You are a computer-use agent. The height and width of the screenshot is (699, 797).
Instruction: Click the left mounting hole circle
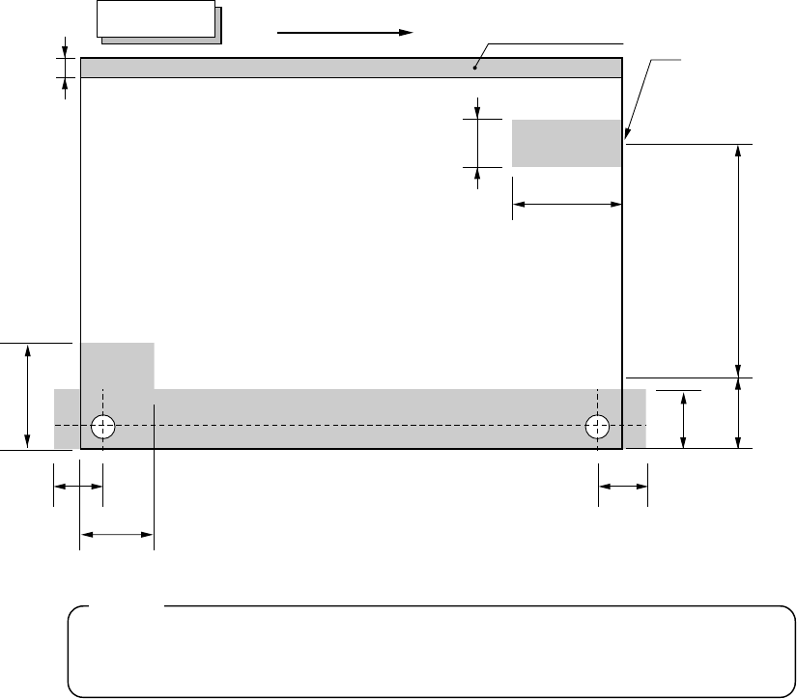click(102, 425)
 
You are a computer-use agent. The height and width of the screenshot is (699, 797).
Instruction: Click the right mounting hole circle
click(598, 425)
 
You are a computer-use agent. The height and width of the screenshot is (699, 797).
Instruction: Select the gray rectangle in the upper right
click(566, 143)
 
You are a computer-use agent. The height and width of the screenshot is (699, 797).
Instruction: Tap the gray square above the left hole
click(117, 365)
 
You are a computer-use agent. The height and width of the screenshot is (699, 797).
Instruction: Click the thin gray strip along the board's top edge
click(290, 68)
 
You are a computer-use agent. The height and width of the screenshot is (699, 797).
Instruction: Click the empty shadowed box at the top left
click(157, 18)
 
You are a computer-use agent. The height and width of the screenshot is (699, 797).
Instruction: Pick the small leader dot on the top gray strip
click(474, 68)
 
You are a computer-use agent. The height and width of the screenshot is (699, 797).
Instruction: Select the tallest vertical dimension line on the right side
click(739, 261)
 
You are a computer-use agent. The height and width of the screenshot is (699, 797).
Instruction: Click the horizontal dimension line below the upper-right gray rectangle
click(566, 204)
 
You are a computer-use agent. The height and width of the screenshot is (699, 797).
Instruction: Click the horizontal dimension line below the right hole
click(623, 488)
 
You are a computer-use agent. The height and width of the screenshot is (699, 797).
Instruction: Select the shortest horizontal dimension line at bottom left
click(78, 488)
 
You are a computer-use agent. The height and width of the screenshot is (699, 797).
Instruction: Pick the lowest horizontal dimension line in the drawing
click(116, 532)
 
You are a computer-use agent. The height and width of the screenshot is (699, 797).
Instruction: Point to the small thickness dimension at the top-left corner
click(65, 68)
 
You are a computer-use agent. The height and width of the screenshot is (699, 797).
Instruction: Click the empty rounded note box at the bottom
click(430, 652)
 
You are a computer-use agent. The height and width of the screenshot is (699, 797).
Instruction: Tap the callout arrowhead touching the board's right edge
click(628, 136)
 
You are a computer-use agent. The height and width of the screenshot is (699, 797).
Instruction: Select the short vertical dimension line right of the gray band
click(684, 419)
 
